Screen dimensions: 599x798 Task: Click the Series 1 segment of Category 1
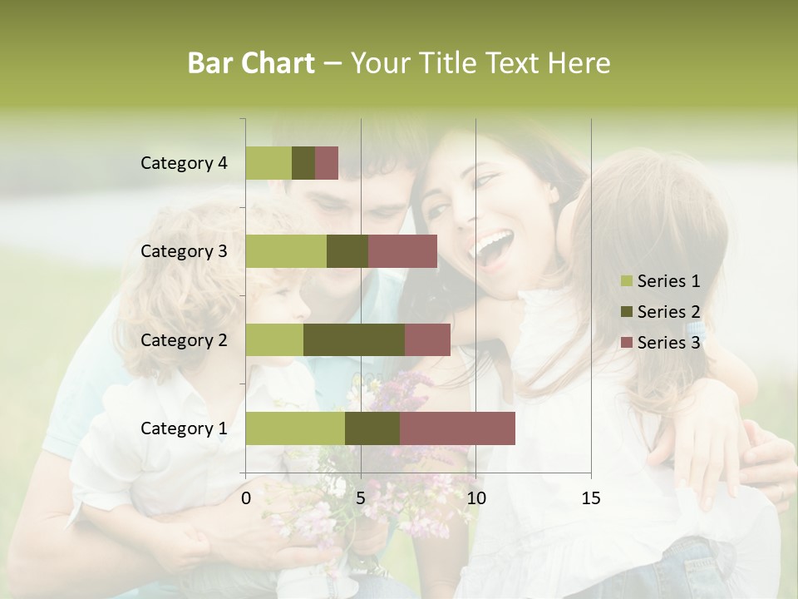click(295, 428)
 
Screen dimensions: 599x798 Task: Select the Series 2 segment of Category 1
click(372, 428)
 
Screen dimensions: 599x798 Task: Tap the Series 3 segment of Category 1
click(457, 428)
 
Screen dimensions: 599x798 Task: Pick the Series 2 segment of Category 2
click(354, 339)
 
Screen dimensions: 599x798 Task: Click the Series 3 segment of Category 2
click(427, 339)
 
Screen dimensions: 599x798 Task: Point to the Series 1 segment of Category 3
click(286, 251)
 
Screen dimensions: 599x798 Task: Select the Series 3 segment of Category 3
click(402, 251)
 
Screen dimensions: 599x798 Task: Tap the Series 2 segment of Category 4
click(303, 163)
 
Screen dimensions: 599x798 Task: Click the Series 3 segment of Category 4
click(327, 163)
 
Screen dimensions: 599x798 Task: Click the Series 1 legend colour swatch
click(626, 281)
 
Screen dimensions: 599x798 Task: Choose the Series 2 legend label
click(668, 312)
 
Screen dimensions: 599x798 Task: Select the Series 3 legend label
click(668, 343)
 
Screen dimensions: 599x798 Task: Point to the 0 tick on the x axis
click(246, 498)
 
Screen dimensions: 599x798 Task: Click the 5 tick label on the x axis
click(361, 498)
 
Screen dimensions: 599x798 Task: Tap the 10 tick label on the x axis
click(475, 498)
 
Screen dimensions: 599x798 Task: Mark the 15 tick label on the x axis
click(590, 498)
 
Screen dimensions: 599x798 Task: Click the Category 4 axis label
click(184, 163)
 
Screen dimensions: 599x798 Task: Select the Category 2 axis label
click(184, 340)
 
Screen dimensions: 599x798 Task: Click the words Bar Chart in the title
click(251, 63)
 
